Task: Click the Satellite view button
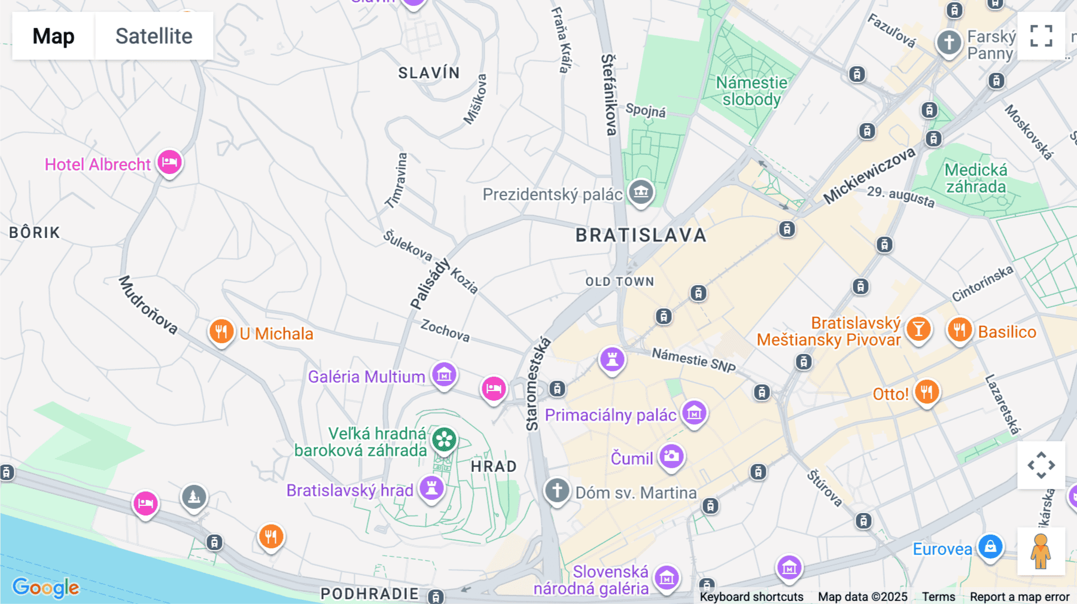(x=154, y=36)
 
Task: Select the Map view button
(x=53, y=36)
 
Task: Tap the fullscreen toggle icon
(x=1041, y=36)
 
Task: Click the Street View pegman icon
(x=1041, y=551)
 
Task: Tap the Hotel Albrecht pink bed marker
(x=169, y=162)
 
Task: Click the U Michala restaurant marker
(x=221, y=331)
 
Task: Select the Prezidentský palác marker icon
(x=641, y=192)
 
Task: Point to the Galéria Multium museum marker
(x=444, y=375)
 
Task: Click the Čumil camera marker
(x=671, y=456)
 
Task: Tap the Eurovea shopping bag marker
(x=990, y=547)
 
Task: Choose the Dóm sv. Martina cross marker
(x=556, y=490)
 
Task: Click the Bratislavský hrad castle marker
(x=431, y=488)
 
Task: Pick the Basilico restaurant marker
(x=959, y=330)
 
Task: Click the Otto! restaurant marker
(x=926, y=392)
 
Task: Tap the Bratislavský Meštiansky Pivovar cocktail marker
(x=918, y=329)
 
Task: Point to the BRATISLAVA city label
(x=641, y=235)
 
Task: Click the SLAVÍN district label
(x=429, y=73)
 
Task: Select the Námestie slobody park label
(x=752, y=91)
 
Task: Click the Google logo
(x=45, y=587)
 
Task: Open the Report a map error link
(x=1019, y=597)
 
